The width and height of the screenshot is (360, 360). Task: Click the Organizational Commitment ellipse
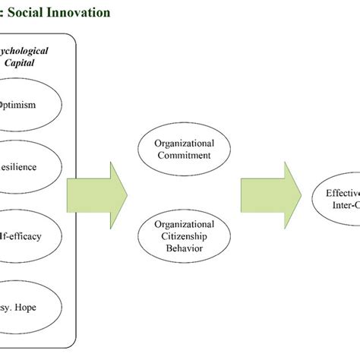(x=184, y=149)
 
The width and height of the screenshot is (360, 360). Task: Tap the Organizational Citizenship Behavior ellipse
(x=184, y=235)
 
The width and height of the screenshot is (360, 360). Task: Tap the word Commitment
(x=184, y=155)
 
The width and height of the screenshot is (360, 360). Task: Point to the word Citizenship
(x=184, y=235)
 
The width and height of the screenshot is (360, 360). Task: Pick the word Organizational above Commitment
(x=184, y=143)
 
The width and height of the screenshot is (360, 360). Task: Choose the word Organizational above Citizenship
(x=184, y=224)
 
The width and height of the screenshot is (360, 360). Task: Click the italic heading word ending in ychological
(x=26, y=51)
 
